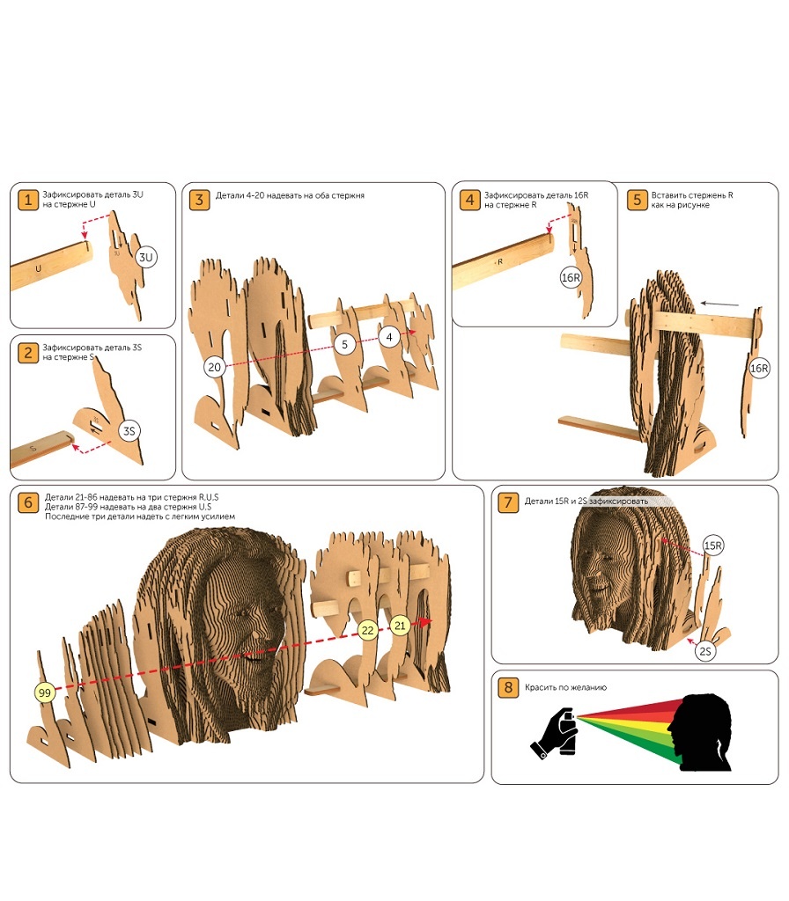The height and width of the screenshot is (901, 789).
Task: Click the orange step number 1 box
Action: tap(29, 200)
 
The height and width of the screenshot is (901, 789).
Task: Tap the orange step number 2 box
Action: tap(29, 353)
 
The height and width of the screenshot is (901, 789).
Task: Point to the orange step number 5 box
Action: tap(637, 200)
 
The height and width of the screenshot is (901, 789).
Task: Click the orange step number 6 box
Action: tap(29, 502)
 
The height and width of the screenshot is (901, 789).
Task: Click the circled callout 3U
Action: tap(147, 258)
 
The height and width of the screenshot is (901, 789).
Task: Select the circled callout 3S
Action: tap(129, 431)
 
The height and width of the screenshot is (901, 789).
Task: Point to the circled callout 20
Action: tap(215, 365)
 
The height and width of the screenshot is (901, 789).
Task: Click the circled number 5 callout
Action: tap(345, 344)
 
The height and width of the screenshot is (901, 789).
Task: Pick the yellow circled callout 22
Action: tap(369, 630)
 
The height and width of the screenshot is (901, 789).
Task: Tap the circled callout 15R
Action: tap(713, 546)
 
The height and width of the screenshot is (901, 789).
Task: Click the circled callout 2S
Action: tap(705, 652)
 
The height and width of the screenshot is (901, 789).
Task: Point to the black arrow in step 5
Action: tap(719, 304)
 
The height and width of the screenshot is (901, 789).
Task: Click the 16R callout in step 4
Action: tap(571, 277)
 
